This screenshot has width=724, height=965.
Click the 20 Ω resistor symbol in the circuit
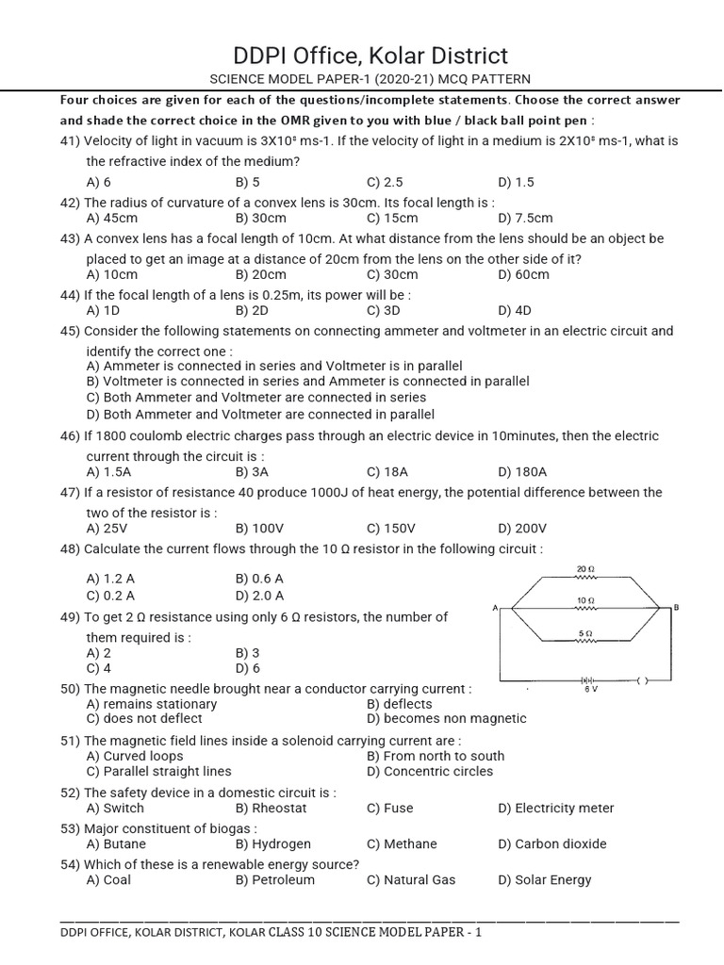coord(584,578)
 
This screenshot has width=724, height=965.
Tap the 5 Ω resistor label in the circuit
coord(584,631)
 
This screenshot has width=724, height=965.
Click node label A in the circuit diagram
coord(495,608)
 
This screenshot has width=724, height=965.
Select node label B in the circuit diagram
coord(675,608)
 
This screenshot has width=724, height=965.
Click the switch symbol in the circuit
coord(642,679)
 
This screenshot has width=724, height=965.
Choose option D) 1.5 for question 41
coord(516,182)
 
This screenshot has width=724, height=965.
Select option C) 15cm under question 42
coord(387,218)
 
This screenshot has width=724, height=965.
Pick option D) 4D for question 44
coord(515,310)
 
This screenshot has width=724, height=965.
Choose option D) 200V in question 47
coord(522,529)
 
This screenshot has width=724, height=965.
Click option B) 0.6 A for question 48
coord(259,579)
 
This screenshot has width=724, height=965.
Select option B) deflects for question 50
coord(400,704)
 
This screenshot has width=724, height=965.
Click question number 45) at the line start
coord(71,331)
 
